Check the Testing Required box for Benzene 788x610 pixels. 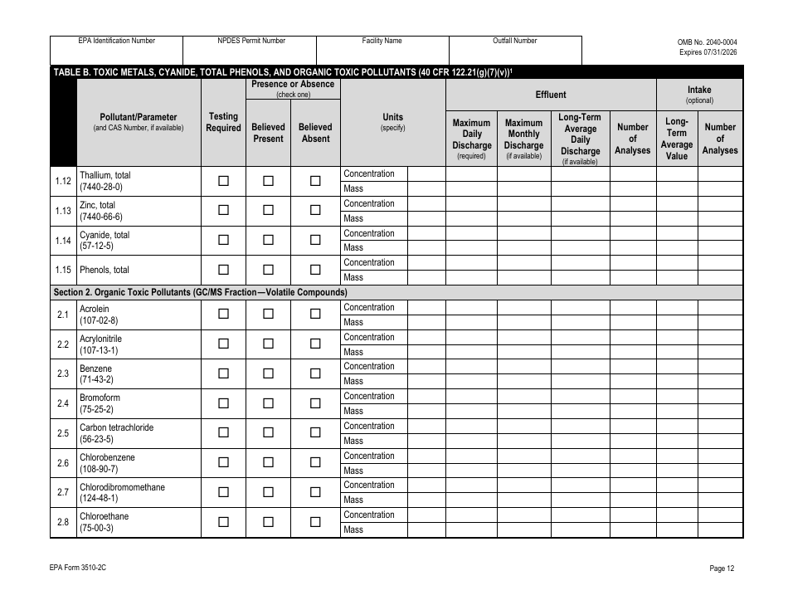point(223,373)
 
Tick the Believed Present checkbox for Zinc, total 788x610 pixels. point(268,211)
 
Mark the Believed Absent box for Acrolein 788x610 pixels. point(315,314)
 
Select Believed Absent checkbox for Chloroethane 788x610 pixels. point(315,522)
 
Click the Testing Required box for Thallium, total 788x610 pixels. point(223,181)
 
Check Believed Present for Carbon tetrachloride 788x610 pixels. point(268,432)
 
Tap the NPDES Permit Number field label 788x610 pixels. point(251,41)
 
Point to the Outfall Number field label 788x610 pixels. point(515,41)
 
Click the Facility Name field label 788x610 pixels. point(382,41)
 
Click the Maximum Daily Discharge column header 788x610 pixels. point(471,139)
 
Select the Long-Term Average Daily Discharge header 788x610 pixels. point(580,139)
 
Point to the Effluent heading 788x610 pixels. point(551,95)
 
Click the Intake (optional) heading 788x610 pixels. point(699,95)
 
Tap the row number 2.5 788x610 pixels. point(63,433)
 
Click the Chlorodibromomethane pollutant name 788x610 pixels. point(122,487)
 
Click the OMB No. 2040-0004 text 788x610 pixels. point(707,41)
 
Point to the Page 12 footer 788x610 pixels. point(722,569)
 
